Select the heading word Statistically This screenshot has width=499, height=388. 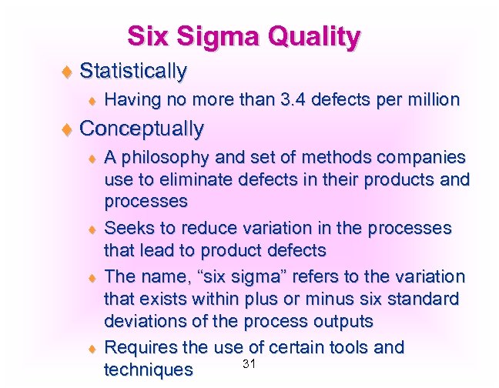(133, 72)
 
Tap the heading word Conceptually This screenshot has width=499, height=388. (142, 128)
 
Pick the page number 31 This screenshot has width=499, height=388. (248, 363)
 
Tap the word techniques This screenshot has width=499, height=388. (148, 370)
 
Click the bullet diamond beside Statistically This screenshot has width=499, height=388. (66, 72)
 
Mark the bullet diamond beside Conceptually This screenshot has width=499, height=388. (66, 129)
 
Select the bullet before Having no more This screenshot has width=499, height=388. (92, 100)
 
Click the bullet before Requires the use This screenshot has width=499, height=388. (92, 348)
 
